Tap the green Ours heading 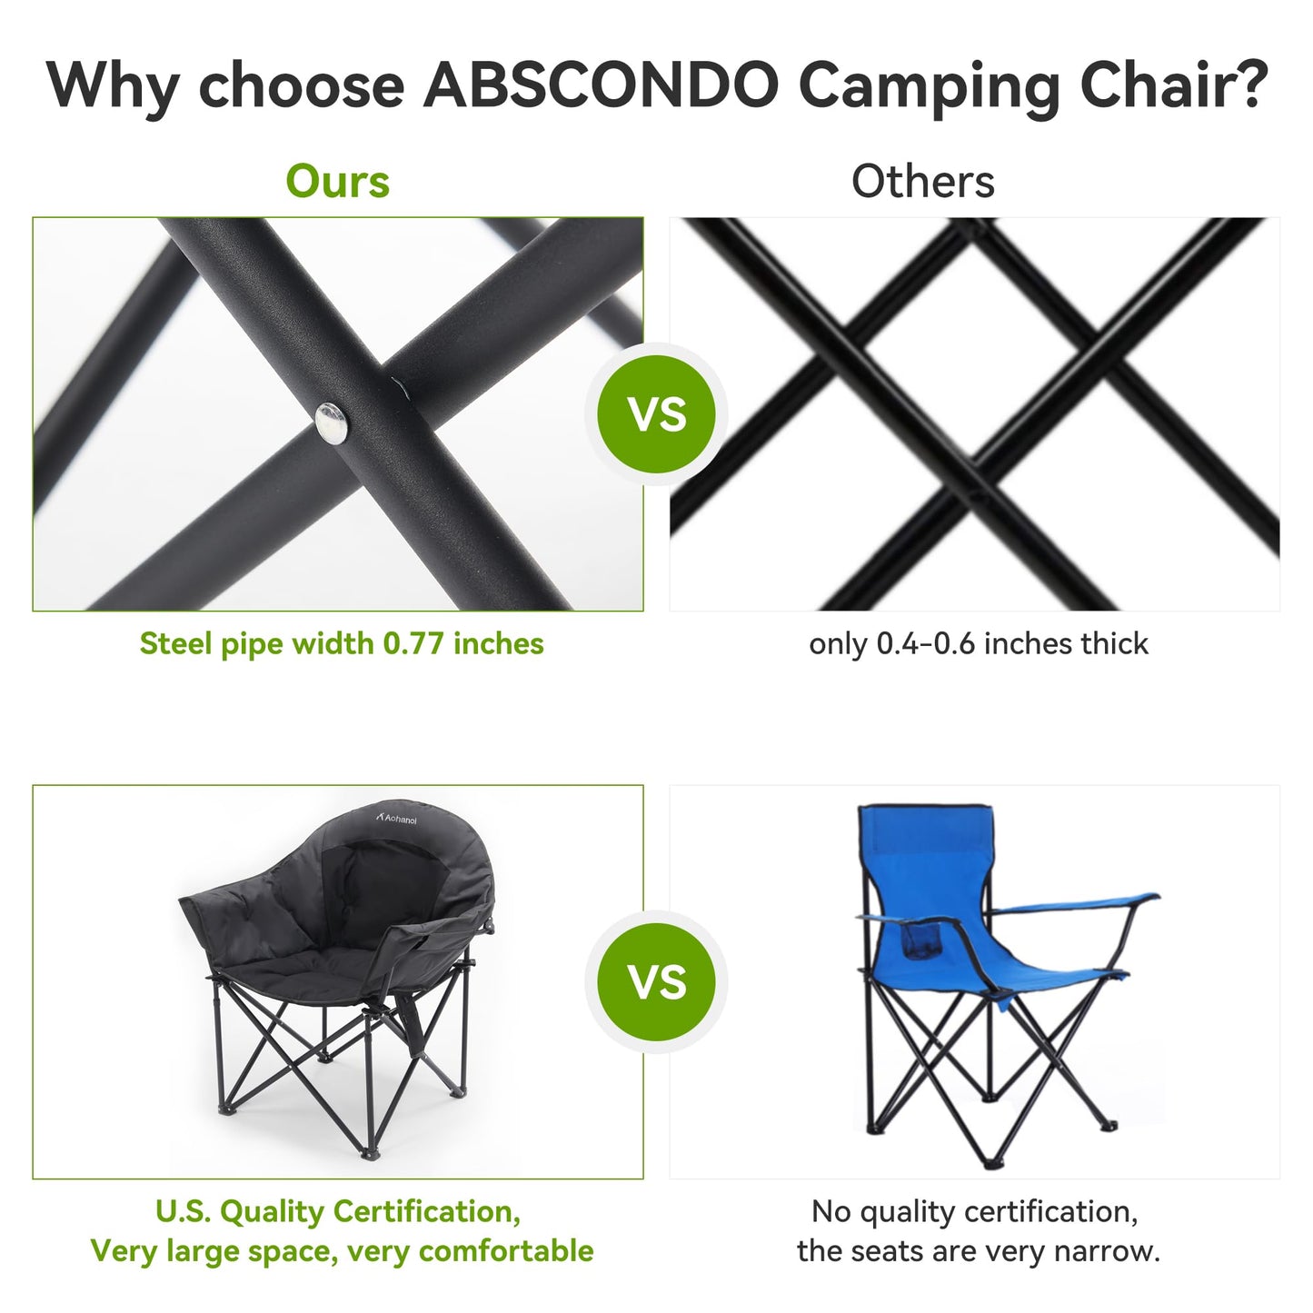pyautogui.click(x=337, y=182)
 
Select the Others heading pyautogui.click(x=922, y=182)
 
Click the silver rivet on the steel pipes pyautogui.click(x=332, y=423)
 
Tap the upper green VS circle pyautogui.click(x=656, y=414)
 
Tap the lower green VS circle pyautogui.click(x=656, y=982)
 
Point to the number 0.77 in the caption pyautogui.click(x=413, y=643)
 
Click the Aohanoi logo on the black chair pyautogui.click(x=397, y=818)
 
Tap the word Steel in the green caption pyautogui.click(x=176, y=643)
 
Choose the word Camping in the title pyautogui.click(x=929, y=86)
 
